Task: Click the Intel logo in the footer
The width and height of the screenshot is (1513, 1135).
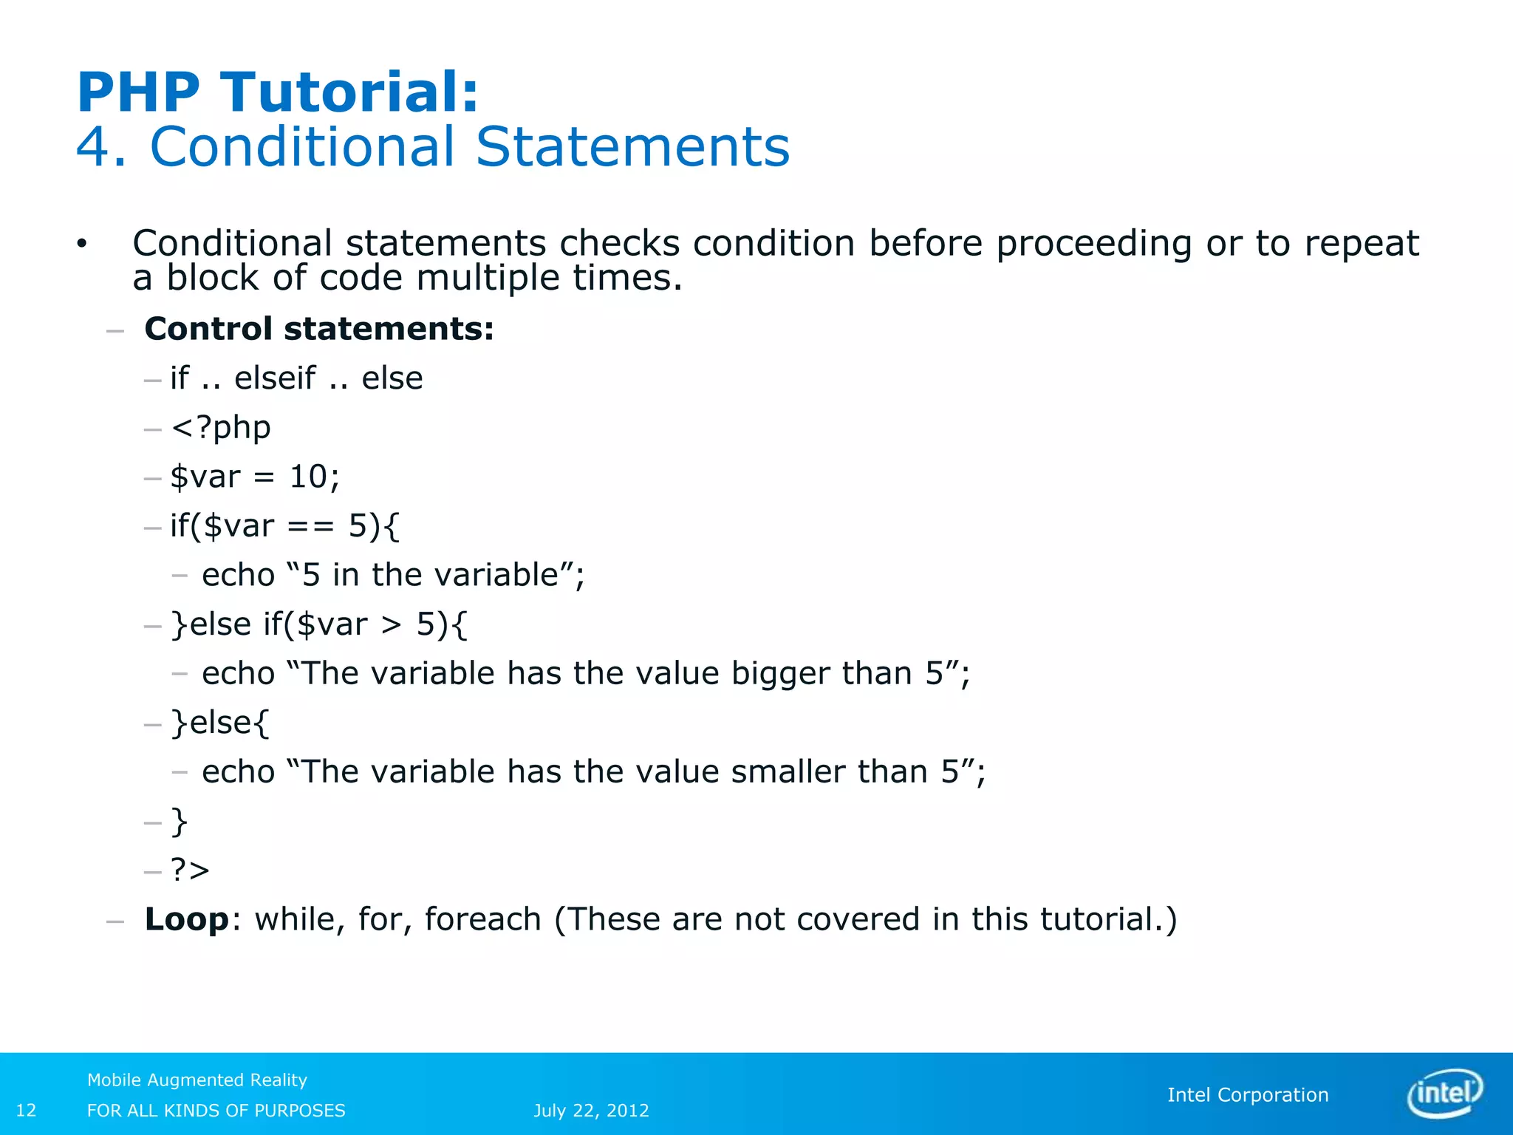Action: pos(1445,1094)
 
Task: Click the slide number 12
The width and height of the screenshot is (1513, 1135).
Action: pos(26,1111)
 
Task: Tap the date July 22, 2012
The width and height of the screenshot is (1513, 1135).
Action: pos(591,1111)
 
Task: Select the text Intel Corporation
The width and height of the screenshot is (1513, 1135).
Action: pos(1248,1095)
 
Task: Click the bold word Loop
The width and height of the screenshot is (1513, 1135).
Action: pos(187,919)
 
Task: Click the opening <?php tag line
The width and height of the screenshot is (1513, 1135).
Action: pos(221,428)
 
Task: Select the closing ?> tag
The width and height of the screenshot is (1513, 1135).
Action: pos(190,870)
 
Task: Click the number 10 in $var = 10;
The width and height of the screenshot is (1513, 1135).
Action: pos(308,477)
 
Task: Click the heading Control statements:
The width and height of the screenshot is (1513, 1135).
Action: pos(319,329)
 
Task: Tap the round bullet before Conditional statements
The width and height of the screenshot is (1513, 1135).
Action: pos(81,244)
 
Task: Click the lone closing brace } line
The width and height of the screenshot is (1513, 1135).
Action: pos(180,821)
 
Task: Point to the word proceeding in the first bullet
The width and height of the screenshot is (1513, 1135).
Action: pos(1093,244)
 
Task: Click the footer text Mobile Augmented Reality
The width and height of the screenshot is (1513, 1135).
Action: pos(197,1080)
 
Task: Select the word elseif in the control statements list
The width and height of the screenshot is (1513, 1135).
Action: pos(275,378)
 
